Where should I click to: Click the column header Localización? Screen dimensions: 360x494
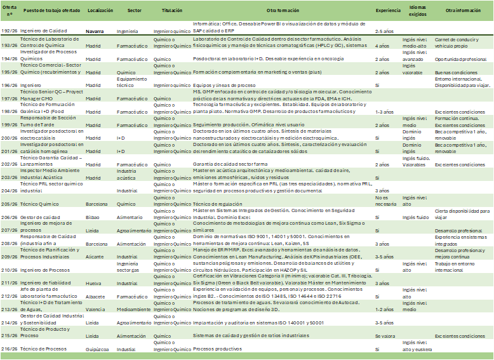(x=100, y=11)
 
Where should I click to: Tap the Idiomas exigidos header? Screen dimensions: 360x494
(x=417, y=11)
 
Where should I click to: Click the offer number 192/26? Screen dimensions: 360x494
(x=10, y=30)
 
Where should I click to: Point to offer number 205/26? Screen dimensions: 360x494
(x=10, y=204)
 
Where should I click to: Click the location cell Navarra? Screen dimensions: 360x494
(x=96, y=30)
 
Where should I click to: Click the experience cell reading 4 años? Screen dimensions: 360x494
(x=382, y=46)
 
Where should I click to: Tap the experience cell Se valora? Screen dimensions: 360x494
(x=384, y=336)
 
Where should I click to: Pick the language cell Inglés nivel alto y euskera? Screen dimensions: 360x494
(x=418, y=346)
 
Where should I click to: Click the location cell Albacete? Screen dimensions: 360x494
(x=96, y=296)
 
